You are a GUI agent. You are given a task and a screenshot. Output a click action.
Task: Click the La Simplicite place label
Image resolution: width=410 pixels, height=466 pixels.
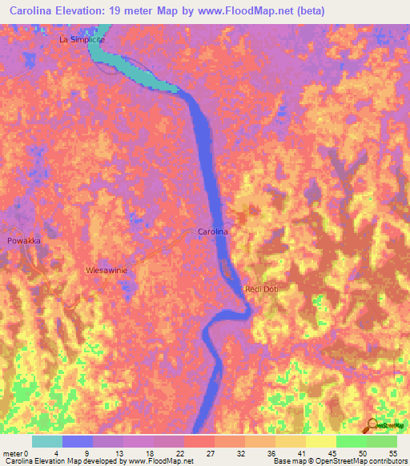82,38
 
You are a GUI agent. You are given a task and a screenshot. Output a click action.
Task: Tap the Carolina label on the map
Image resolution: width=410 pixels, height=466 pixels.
213,231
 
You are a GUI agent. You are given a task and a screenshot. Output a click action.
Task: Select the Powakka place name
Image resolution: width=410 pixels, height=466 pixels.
23,240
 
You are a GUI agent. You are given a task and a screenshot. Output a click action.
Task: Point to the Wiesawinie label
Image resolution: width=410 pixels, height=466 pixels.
107,271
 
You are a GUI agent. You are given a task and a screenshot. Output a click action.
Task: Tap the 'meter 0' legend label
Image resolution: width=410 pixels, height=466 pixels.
18,452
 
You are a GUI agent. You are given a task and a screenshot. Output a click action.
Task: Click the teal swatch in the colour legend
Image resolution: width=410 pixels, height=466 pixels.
47,441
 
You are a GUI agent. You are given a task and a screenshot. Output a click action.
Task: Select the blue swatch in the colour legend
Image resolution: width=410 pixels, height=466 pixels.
78,441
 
